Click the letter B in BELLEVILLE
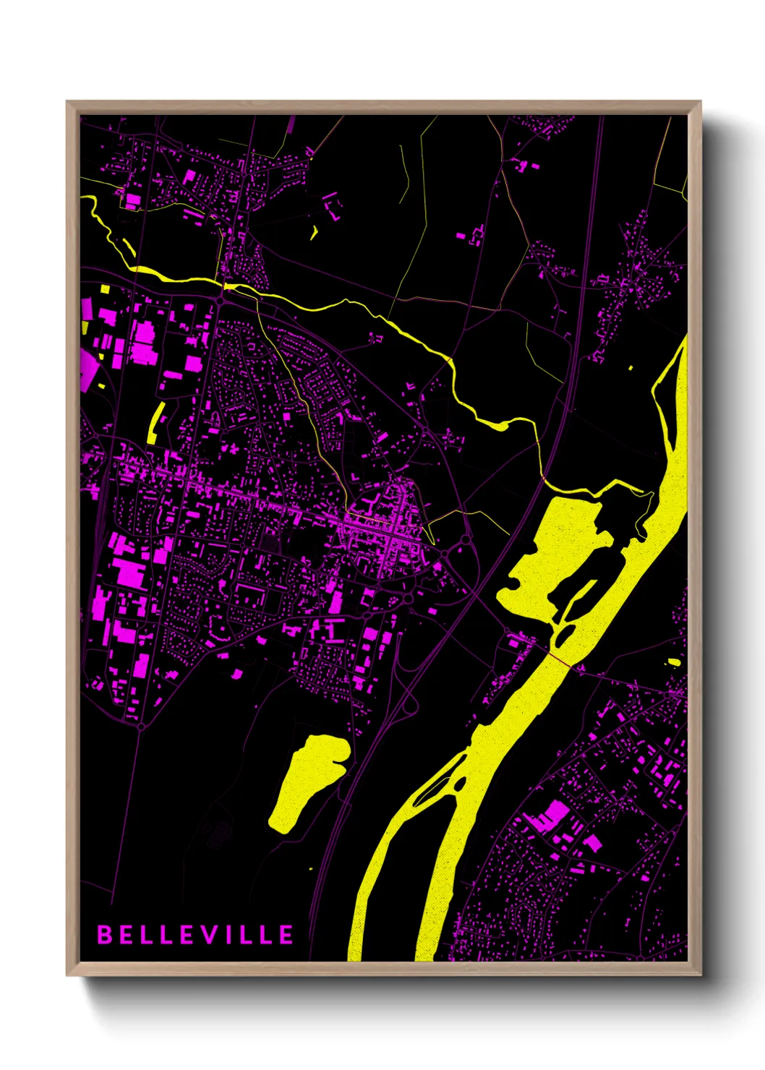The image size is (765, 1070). [x=105, y=934]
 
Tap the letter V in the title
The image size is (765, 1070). [x=206, y=934]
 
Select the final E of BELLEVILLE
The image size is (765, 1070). [x=286, y=934]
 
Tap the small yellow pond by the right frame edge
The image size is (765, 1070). [x=674, y=662]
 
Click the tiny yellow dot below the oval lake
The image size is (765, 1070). [x=311, y=868]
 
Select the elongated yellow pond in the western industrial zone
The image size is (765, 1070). [x=155, y=422]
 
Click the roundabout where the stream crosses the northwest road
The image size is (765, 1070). [x=221, y=297]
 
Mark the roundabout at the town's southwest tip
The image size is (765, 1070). [x=141, y=725]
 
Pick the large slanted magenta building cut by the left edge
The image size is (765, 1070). [x=88, y=370]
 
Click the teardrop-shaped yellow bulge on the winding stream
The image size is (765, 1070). [x=498, y=424]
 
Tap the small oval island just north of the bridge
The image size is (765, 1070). [x=562, y=637]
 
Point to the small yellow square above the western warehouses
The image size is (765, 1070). [x=105, y=288]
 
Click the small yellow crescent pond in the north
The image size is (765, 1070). [x=315, y=233]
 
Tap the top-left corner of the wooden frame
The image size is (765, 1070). [x=67, y=102]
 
